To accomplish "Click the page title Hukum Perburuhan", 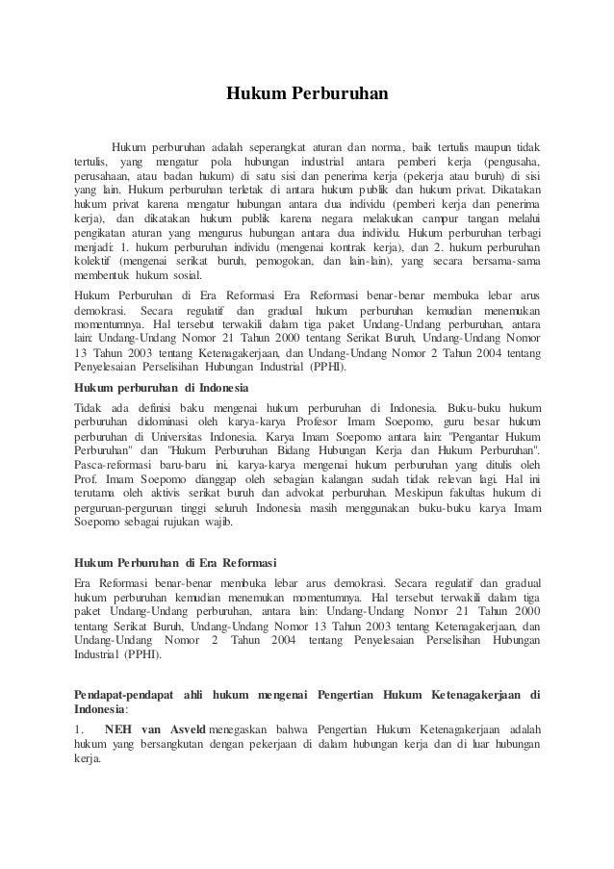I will pos(306,94).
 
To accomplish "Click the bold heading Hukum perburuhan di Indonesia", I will pos(161,386).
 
